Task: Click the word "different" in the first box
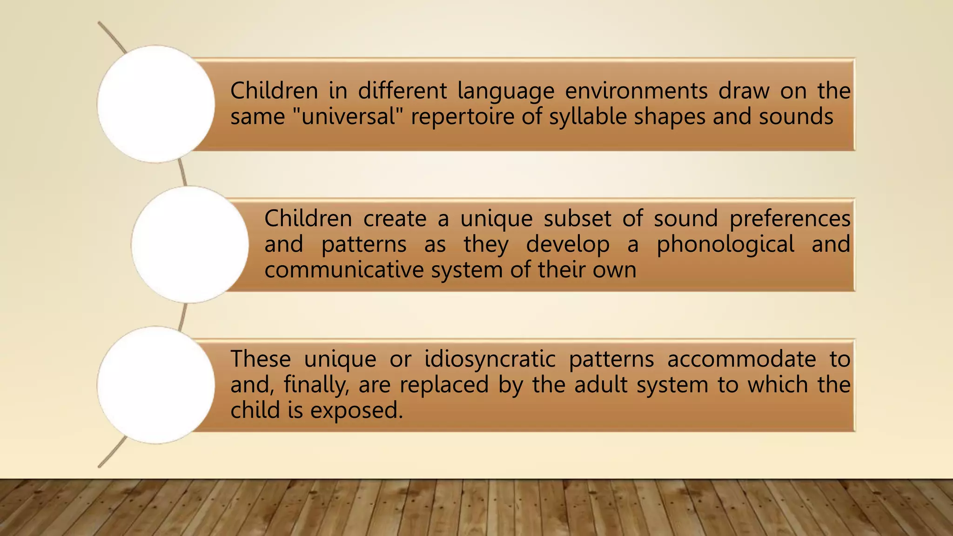point(402,90)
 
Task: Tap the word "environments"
point(636,90)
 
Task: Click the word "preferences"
point(790,219)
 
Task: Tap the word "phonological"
point(725,244)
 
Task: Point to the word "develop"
point(568,244)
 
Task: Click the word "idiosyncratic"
point(490,359)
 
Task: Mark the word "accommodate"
point(741,359)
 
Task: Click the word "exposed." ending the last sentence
point(356,410)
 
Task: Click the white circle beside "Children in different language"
point(156,104)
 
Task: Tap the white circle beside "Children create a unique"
point(190,245)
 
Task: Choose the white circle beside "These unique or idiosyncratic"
point(156,385)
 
